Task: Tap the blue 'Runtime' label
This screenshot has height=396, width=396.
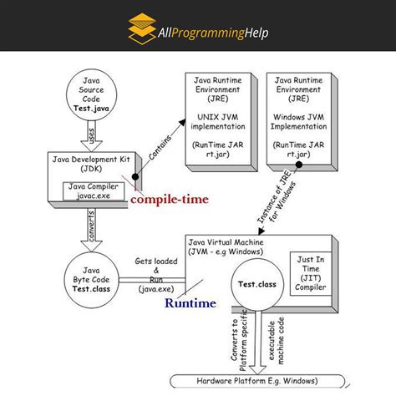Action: click(x=190, y=303)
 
